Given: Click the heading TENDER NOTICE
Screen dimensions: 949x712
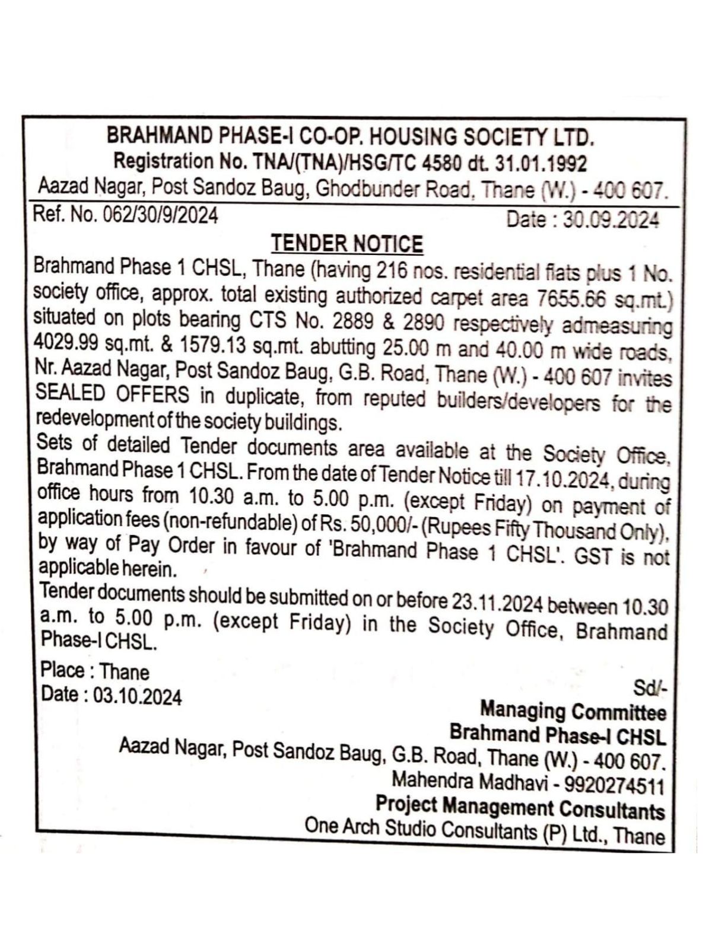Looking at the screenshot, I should pyautogui.click(x=347, y=243).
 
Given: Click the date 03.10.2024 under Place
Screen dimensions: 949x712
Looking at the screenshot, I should pyautogui.click(x=136, y=696).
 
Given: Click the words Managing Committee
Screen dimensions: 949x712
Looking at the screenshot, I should pyautogui.click(x=573, y=711).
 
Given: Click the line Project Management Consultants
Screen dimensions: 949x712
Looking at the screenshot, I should pyautogui.click(x=520, y=807).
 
